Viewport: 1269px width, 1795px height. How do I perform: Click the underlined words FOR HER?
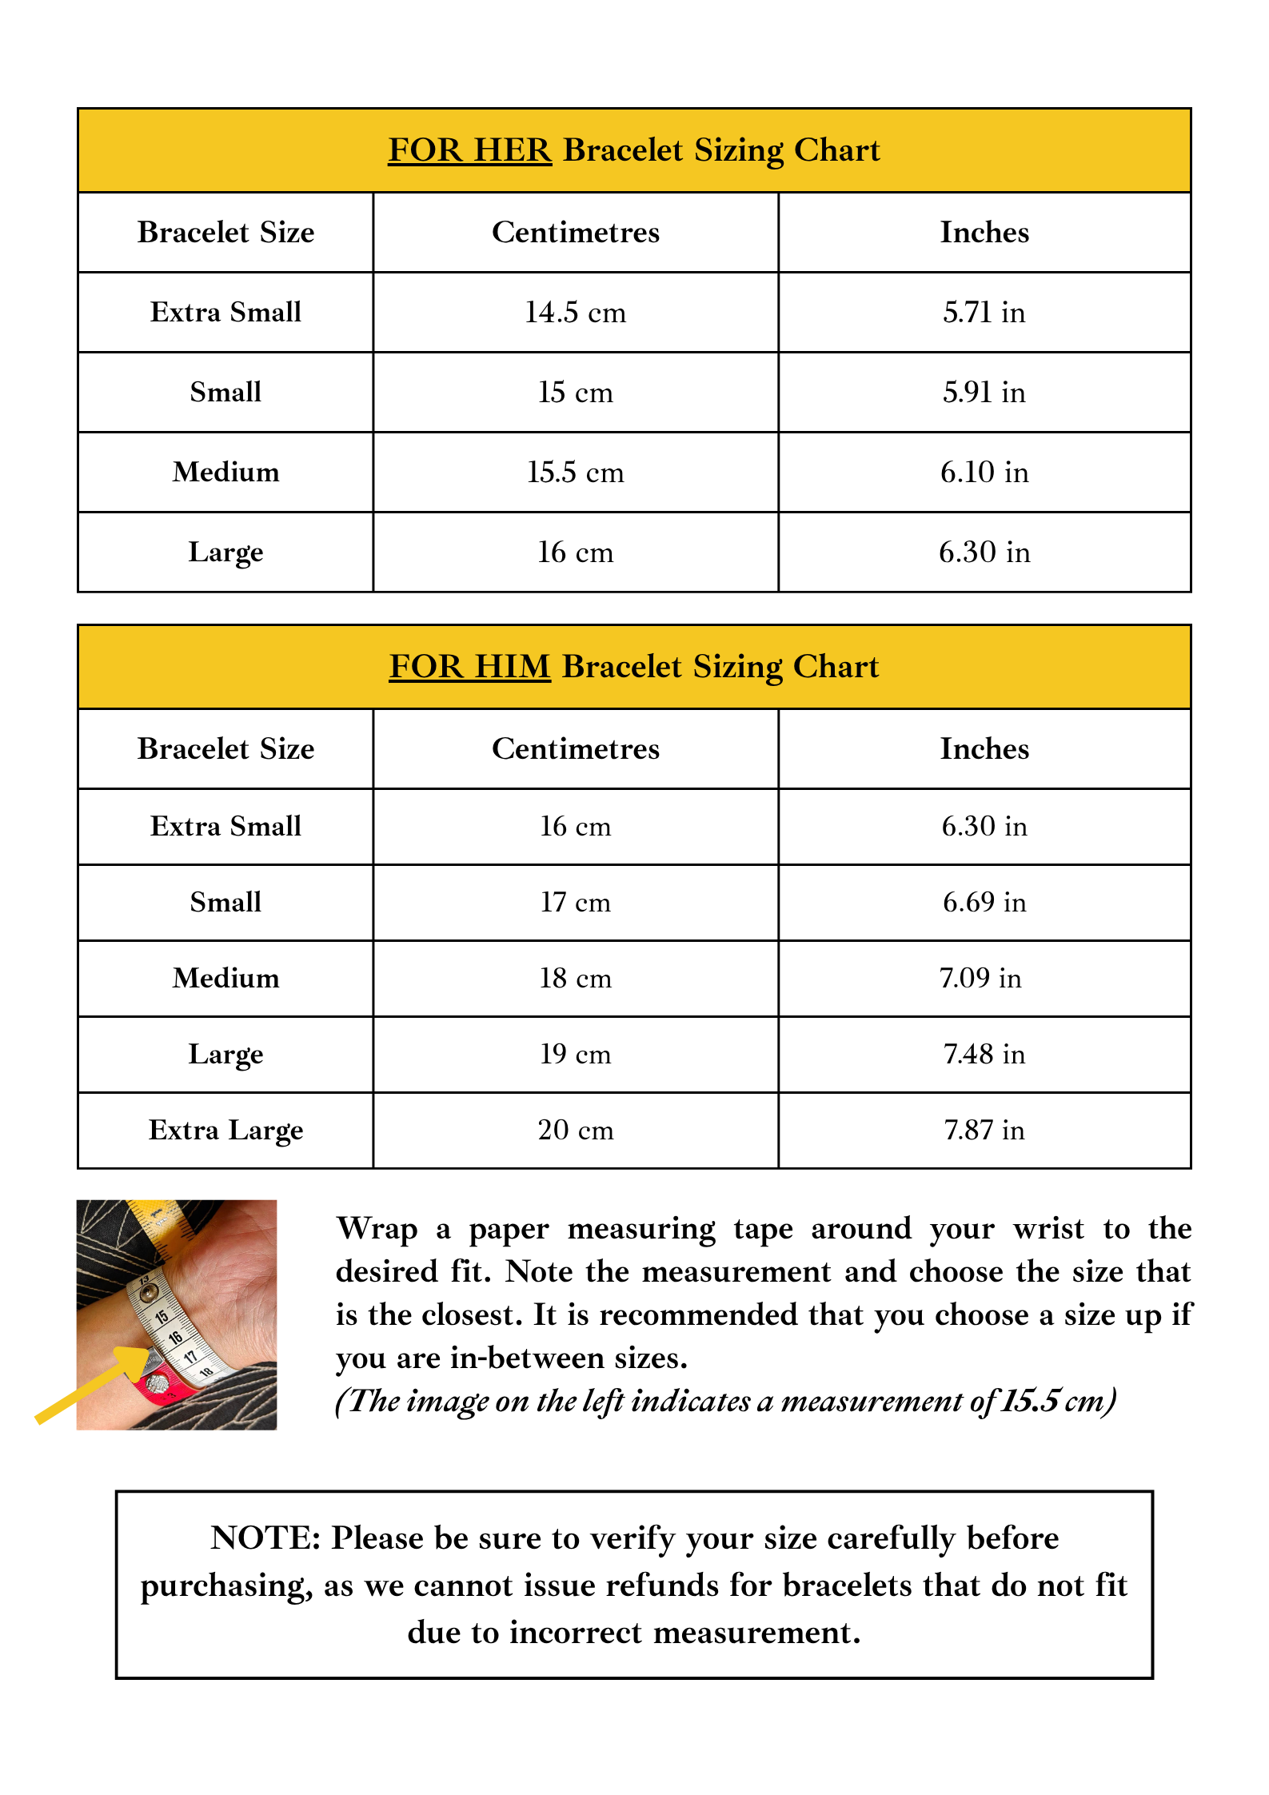pos(469,150)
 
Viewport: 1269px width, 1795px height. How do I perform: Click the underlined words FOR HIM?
pos(469,667)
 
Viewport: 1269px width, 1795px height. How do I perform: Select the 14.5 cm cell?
pos(575,313)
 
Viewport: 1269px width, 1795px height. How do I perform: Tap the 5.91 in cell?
pos(984,393)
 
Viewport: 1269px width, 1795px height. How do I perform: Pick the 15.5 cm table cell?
pos(575,473)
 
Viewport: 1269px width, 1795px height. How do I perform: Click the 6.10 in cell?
pos(984,473)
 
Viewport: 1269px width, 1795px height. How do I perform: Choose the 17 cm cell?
pos(575,903)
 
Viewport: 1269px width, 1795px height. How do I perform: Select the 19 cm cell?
pos(575,1055)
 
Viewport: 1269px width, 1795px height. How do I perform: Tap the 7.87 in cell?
pos(984,1131)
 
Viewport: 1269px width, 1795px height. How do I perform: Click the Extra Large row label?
pos(225,1131)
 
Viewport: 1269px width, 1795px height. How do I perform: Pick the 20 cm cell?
pos(575,1131)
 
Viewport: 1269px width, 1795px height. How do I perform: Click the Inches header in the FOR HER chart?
pos(984,233)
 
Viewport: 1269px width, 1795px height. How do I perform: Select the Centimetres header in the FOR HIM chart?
pos(575,749)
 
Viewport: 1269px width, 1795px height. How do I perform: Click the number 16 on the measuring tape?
pos(175,1337)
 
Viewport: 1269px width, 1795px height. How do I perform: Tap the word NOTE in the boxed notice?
pos(265,1538)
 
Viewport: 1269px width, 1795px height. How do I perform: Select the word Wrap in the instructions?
pos(377,1229)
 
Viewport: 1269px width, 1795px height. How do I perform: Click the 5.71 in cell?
pos(984,313)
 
